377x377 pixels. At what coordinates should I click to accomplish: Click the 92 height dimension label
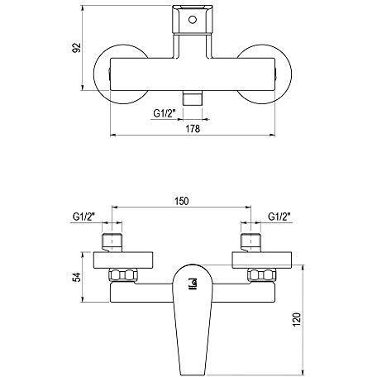tap(76, 47)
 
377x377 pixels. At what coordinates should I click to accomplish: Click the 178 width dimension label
tap(193, 128)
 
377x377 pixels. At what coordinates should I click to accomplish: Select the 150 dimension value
tap(182, 201)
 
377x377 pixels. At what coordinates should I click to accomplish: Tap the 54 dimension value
tap(76, 277)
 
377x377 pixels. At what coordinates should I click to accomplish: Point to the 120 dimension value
tap(297, 319)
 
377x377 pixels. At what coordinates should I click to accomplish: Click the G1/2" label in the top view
tap(165, 113)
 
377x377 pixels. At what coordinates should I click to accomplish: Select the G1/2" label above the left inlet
tap(84, 217)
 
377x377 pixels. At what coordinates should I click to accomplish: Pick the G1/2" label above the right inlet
tap(279, 217)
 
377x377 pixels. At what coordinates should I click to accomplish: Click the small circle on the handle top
tap(193, 20)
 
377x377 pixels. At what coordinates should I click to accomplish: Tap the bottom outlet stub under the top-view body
tap(193, 98)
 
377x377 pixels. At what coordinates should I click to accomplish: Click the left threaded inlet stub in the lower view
tap(112, 242)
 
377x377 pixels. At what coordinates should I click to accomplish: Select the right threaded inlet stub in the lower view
tap(251, 242)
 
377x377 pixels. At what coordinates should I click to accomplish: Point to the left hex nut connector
tap(123, 274)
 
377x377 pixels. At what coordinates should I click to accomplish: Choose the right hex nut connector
tap(262, 274)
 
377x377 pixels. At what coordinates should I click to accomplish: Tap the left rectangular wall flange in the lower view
tap(123, 260)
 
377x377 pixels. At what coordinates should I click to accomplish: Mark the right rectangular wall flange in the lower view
tap(262, 260)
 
